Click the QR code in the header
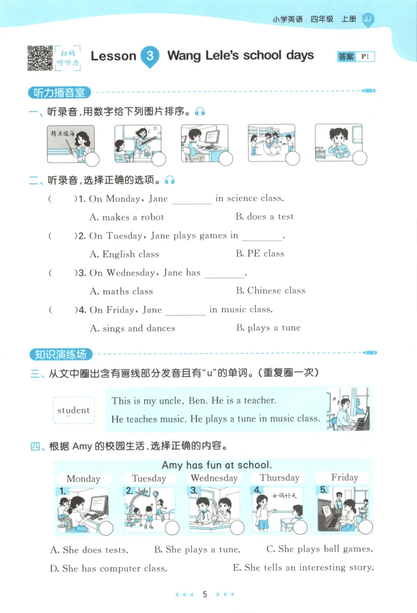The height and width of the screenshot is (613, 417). click(40, 58)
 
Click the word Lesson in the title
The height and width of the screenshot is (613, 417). click(113, 56)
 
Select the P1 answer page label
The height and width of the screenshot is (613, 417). click(364, 56)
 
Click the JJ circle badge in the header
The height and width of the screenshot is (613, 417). click(367, 19)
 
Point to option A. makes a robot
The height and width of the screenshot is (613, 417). click(127, 217)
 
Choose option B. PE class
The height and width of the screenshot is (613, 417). click(260, 254)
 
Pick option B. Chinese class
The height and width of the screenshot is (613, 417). click(270, 291)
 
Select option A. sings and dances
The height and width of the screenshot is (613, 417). click(132, 328)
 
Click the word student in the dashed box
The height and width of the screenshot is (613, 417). click(73, 410)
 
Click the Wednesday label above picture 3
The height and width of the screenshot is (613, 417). click(214, 478)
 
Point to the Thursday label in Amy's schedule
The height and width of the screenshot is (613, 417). click(279, 478)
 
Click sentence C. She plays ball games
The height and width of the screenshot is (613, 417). click(320, 549)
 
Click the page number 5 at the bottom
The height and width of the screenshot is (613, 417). click(205, 594)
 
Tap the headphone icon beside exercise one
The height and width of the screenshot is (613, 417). click(200, 111)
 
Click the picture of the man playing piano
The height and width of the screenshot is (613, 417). click(348, 409)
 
